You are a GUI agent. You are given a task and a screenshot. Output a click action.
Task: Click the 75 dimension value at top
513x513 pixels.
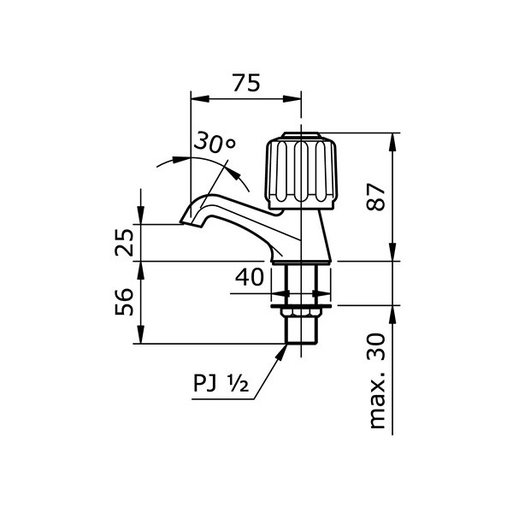pyautogui.click(x=245, y=83)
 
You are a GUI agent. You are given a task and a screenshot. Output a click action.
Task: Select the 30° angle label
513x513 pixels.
pyautogui.click(x=213, y=143)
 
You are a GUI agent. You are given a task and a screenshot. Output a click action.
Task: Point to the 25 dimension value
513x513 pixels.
pyautogui.click(x=124, y=242)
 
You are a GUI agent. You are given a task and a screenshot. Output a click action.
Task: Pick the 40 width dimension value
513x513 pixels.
pyautogui.click(x=249, y=278)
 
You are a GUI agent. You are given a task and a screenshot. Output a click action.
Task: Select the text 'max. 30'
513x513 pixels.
pyautogui.click(x=377, y=383)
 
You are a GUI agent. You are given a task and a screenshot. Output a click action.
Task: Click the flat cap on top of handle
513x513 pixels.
pyautogui.click(x=300, y=136)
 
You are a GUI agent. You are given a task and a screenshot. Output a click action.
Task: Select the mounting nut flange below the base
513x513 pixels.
pyautogui.click(x=300, y=302)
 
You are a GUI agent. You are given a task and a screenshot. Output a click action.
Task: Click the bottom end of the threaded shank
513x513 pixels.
pyautogui.click(x=300, y=342)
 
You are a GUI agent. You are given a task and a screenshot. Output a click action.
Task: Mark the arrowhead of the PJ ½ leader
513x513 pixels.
pyautogui.click(x=284, y=349)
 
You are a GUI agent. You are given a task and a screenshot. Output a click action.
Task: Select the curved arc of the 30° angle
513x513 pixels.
pyautogui.click(x=239, y=175)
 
